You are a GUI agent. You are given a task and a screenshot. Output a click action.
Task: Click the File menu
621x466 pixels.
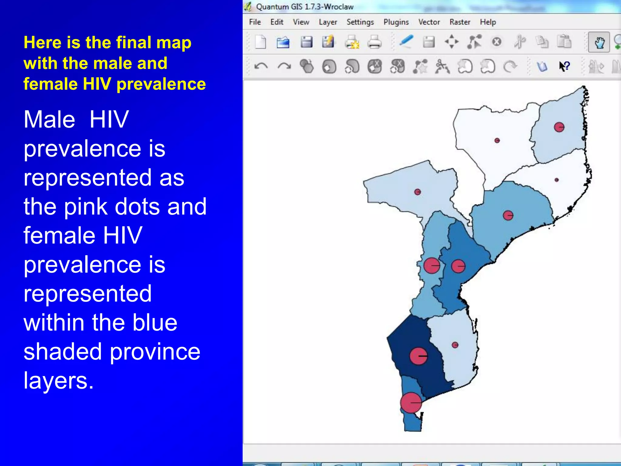(255, 22)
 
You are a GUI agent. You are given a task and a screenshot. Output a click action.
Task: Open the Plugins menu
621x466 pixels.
(396, 22)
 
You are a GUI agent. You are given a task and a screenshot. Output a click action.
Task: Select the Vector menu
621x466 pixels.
(429, 22)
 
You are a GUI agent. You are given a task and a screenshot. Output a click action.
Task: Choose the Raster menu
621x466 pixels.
(460, 22)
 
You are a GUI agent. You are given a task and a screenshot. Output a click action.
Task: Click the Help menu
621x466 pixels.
(488, 22)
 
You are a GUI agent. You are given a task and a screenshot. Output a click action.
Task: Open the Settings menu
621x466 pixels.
(360, 22)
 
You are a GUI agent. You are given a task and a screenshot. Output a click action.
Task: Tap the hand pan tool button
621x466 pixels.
(599, 42)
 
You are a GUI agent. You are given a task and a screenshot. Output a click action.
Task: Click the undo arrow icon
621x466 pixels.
(261, 66)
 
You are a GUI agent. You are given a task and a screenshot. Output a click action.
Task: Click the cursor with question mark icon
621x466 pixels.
(564, 66)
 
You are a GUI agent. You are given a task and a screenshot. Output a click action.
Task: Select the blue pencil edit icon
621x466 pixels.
(406, 42)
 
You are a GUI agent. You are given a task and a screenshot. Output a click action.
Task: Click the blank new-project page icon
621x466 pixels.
(260, 42)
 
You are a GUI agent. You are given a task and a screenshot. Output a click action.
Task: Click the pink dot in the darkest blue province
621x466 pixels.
(418, 356)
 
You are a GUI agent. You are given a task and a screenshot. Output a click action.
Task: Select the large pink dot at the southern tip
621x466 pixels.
(411, 403)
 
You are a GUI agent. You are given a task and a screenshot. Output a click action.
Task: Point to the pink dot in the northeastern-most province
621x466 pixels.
(559, 127)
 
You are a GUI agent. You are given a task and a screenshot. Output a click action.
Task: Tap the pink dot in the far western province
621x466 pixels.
(418, 192)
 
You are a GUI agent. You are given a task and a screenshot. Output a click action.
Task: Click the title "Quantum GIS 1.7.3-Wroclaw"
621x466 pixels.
(305, 7)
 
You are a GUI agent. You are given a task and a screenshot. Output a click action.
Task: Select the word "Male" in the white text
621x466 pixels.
(49, 120)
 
